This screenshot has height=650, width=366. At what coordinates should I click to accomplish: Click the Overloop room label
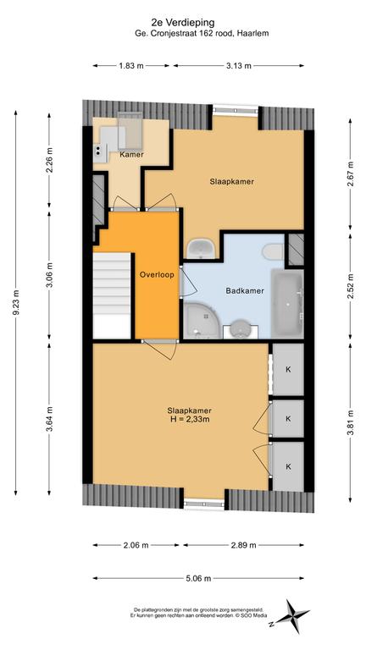coord(157,274)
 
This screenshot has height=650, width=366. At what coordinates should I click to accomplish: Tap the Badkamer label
coord(245,291)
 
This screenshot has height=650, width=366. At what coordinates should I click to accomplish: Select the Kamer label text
coord(131,155)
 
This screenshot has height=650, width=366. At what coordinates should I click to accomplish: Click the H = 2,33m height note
coord(190,419)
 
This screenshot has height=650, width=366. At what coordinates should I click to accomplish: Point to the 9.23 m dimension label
coord(15,303)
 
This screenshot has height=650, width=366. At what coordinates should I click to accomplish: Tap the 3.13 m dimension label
coord(239,65)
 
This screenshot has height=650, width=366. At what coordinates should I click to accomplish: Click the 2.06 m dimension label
coord(136,545)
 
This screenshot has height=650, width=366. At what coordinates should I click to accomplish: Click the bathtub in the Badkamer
coord(287,303)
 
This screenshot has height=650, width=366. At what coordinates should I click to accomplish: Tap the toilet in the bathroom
coord(273,251)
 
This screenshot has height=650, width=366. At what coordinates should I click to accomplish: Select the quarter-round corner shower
coord(201,321)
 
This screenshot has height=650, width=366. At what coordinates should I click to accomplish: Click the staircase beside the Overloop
coord(112,295)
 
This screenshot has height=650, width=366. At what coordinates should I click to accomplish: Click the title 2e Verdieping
coord(183,23)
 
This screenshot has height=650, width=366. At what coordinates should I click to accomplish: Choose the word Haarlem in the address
coord(253,34)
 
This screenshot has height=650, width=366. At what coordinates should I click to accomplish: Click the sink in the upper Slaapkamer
coord(201,249)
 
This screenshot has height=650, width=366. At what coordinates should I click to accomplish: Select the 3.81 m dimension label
coord(351,422)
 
